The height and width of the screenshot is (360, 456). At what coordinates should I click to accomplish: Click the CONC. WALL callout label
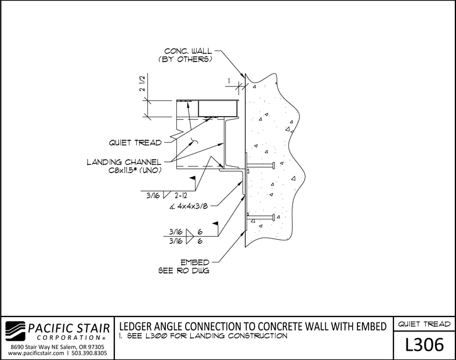tap(188, 51)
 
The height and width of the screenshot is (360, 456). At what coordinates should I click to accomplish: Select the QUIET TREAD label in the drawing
tap(135, 143)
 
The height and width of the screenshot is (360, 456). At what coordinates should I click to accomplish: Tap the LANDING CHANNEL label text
tap(124, 162)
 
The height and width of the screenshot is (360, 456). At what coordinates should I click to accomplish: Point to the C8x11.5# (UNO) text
tap(135, 170)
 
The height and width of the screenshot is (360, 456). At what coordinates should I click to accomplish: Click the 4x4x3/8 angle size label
tap(192, 206)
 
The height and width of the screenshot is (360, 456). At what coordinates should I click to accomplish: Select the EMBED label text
tap(195, 262)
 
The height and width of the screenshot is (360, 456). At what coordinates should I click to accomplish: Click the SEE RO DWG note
tap(184, 271)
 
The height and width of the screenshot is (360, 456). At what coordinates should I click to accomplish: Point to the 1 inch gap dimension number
tap(230, 81)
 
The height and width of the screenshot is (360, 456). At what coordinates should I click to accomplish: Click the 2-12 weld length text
tap(181, 196)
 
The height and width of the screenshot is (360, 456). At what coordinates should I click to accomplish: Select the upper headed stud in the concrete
tap(260, 165)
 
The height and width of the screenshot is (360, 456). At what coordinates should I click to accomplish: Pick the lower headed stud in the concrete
tap(260, 217)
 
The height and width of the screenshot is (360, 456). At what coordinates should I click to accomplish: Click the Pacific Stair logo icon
tap(15, 331)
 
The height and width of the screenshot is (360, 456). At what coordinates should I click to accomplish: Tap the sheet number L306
tap(425, 344)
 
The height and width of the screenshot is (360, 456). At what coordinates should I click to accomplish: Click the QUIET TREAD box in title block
tap(424, 324)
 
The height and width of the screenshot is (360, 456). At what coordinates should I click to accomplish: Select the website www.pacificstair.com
tap(36, 353)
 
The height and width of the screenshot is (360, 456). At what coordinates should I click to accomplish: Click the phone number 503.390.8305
tap(89, 353)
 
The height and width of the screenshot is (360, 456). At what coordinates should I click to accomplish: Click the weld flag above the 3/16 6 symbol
tap(215, 224)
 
